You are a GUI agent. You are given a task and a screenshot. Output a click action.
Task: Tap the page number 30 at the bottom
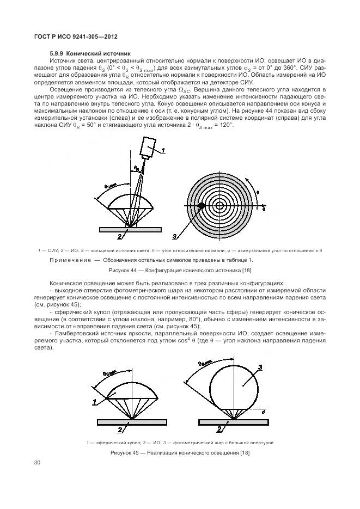coord(38,463)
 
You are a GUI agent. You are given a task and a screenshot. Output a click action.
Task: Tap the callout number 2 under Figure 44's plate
coord(119,237)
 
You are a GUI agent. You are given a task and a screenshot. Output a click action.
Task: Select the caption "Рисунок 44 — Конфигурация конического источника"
coord(180,269)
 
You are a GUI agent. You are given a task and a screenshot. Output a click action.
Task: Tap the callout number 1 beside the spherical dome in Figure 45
coord(95,402)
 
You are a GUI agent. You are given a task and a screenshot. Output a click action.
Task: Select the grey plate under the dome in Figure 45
coord(129,422)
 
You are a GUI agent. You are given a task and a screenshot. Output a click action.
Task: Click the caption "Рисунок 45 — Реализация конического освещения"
coord(180,453)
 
